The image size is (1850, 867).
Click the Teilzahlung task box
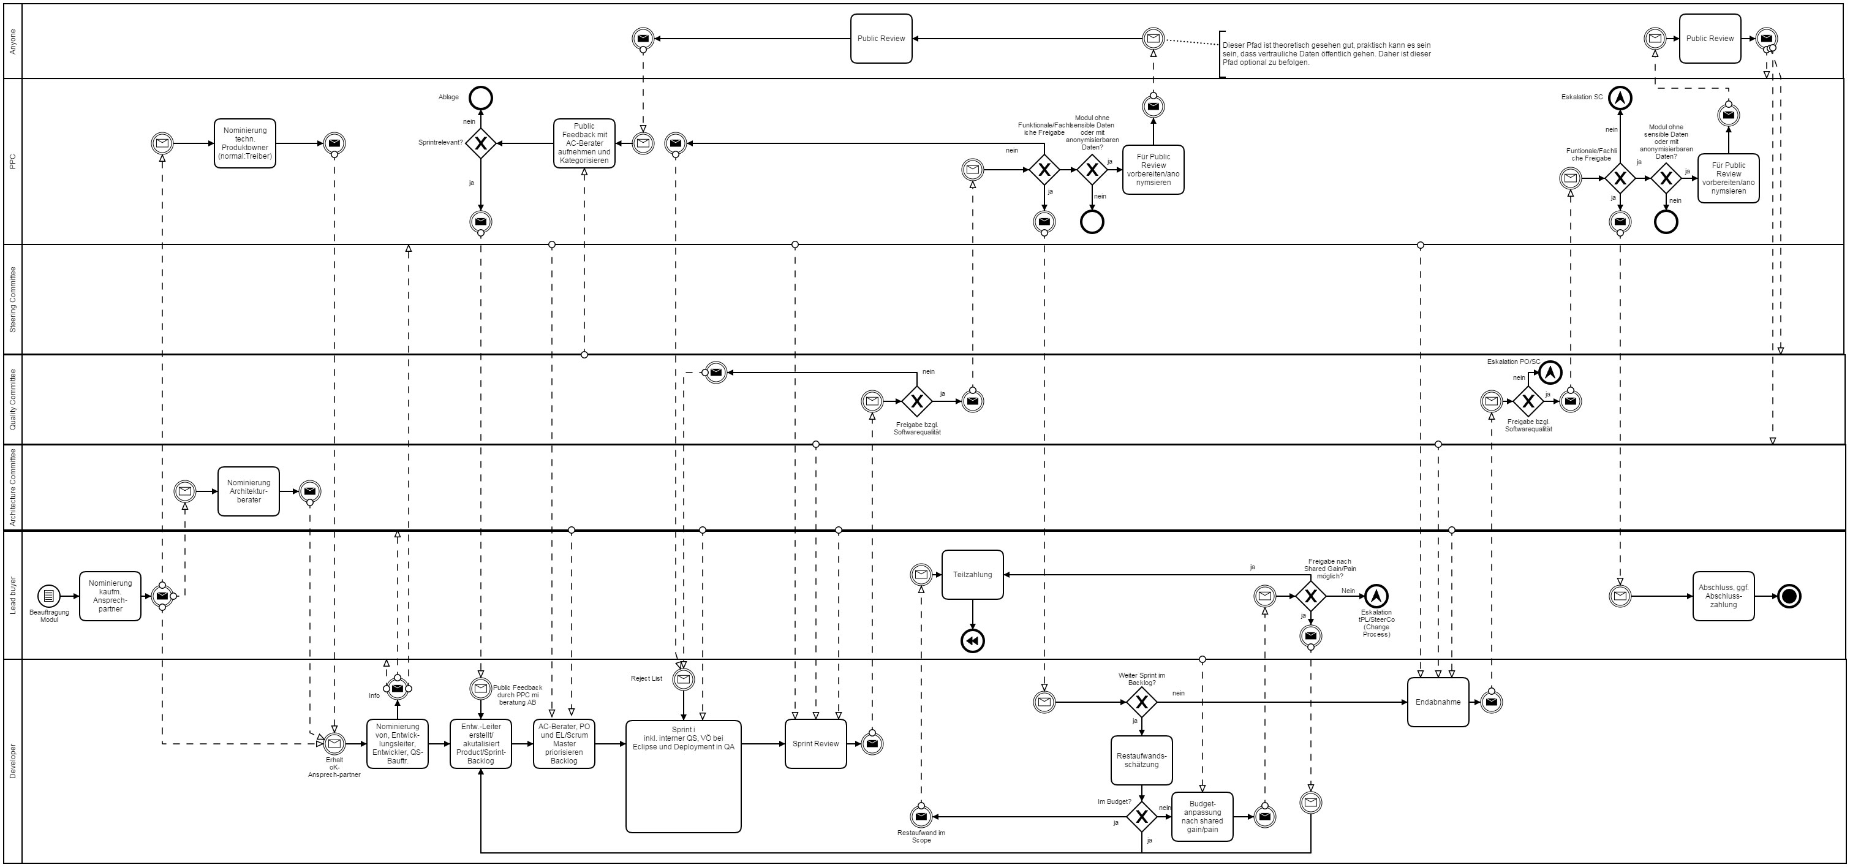972,575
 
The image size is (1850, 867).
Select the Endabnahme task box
1438,702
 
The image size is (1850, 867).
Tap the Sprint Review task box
815,743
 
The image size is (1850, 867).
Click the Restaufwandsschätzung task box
1141,760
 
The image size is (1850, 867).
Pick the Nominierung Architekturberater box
249,491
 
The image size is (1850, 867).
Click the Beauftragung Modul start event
49,596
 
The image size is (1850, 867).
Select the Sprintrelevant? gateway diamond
480,143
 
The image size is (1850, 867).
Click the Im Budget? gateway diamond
1141,817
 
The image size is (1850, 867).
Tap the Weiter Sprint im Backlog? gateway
1141,702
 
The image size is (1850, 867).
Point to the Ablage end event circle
480,97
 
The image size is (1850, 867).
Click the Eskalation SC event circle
1620,97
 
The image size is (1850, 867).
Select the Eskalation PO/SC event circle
1550,372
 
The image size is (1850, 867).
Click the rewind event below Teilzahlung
972,642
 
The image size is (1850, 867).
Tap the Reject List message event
683,679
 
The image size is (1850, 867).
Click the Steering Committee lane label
13,299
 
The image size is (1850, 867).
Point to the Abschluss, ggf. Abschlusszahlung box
1724,596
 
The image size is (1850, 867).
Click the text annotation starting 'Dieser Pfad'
1326,54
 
